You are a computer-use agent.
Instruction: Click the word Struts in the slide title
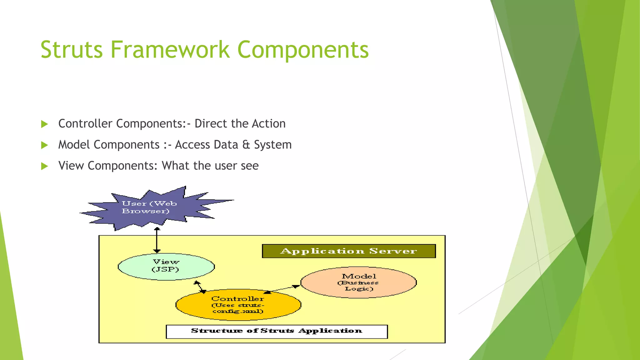tap(72, 50)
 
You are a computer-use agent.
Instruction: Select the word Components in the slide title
tap(303, 50)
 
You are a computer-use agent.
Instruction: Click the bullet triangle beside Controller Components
tap(45, 124)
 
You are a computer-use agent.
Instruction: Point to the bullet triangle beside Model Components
tap(45, 145)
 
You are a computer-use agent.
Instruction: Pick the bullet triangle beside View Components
tap(45, 166)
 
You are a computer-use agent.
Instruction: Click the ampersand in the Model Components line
tap(246, 145)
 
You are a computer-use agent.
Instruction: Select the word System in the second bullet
tap(272, 145)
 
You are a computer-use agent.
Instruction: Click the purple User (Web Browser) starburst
tap(150, 208)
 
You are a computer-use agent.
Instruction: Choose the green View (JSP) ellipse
tap(166, 267)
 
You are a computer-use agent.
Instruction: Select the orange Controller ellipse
tap(238, 305)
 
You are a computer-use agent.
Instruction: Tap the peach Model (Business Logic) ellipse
tap(358, 282)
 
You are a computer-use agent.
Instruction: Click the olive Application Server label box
tap(348, 251)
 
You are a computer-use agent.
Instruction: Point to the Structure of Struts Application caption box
tap(277, 331)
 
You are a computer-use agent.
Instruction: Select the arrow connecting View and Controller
tap(200, 287)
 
